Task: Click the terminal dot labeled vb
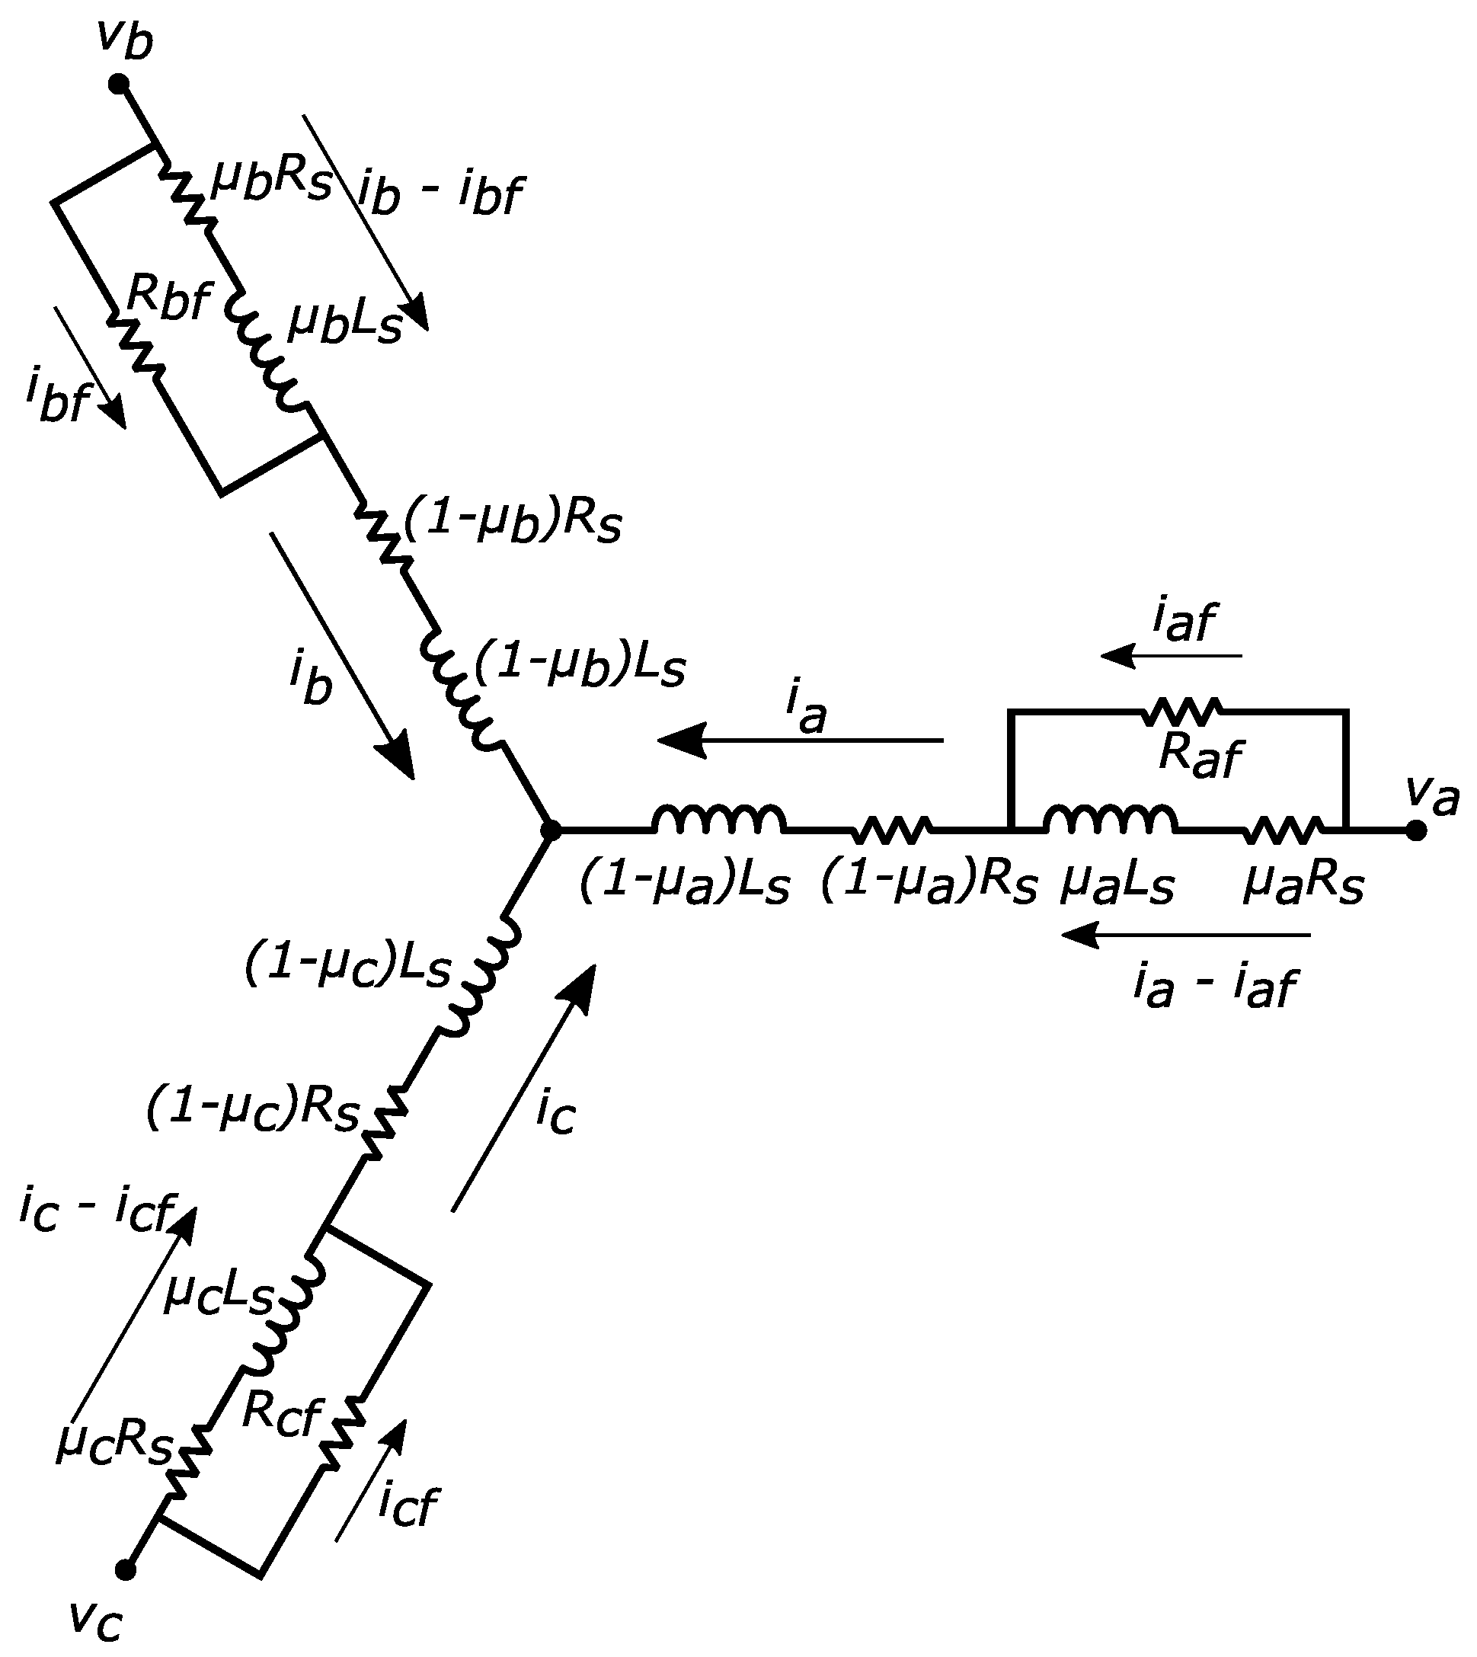(120, 83)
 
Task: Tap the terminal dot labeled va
(1415, 830)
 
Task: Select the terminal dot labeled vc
(124, 1570)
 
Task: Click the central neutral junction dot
(551, 830)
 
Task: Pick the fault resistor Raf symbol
(1181, 711)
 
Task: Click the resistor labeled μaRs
(1282, 830)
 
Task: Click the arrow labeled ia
(799, 740)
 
